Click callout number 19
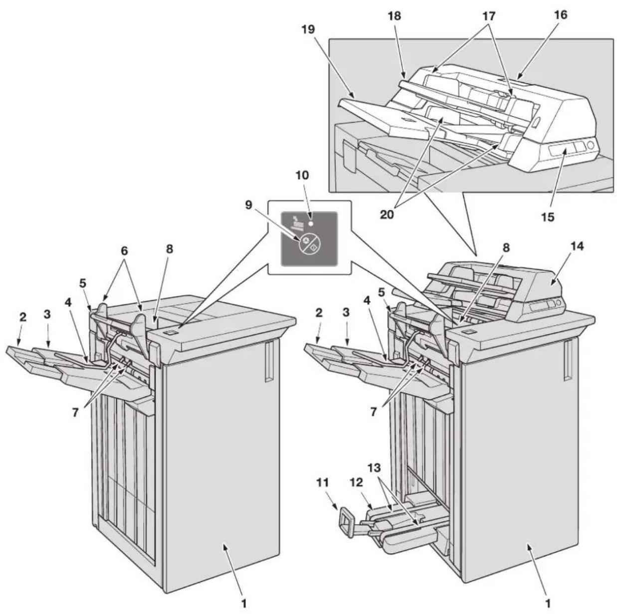click(308, 30)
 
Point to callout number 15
click(548, 217)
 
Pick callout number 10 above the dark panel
click(302, 175)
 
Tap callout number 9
click(249, 205)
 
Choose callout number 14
click(576, 246)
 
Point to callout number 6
click(124, 251)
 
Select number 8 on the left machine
click(170, 249)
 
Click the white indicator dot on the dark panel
click(310, 223)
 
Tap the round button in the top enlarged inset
click(591, 145)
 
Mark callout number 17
click(489, 15)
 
